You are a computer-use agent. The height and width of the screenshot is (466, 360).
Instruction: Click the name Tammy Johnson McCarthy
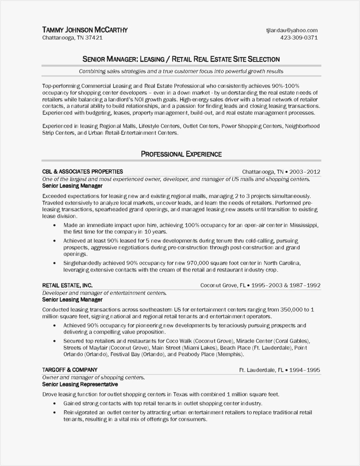pyautogui.click(x=85, y=30)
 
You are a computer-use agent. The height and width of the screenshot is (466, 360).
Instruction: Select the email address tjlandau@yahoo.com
pyautogui.click(x=292, y=30)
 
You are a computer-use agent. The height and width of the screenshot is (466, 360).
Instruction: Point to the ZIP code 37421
pyautogui.click(x=94, y=38)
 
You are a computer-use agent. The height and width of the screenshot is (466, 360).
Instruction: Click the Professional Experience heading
pyautogui.click(x=181, y=154)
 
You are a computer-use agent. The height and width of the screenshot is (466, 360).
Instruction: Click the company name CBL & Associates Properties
pyautogui.click(x=82, y=171)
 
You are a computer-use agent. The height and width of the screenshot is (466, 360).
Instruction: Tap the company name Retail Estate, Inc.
pyautogui.click(x=67, y=285)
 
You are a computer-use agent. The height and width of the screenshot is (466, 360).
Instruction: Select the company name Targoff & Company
pyautogui.click(x=70, y=370)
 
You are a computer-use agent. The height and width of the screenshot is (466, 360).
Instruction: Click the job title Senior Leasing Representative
pyautogui.click(x=80, y=384)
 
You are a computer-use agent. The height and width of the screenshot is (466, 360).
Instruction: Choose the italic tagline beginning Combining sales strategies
pyautogui.click(x=181, y=71)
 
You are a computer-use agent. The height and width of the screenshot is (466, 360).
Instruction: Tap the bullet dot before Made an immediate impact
pyautogui.click(x=54, y=225)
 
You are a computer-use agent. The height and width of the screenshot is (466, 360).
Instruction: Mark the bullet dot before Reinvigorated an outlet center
pyautogui.click(x=54, y=412)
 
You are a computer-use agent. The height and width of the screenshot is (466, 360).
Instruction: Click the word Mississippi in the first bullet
pyautogui.click(x=301, y=225)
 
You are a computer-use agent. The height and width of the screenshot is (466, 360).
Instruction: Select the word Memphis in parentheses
pyautogui.click(x=230, y=355)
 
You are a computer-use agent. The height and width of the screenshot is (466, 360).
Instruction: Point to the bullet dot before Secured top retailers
pyautogui.click(x=54, y=341)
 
